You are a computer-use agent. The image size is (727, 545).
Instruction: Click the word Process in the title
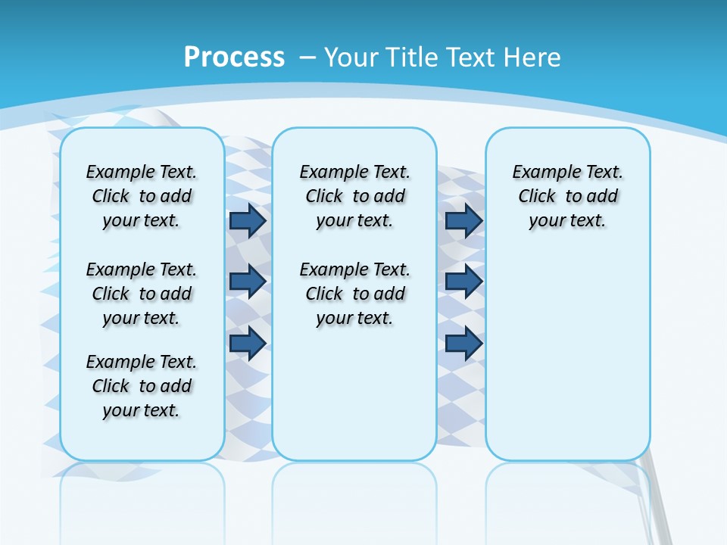pyautogui.click(x=234, y=57)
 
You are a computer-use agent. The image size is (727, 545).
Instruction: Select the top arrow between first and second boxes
pyautogui.click(x=248, y=220)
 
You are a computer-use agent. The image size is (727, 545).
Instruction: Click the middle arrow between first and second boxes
pyautogui.click(x=248, y=282)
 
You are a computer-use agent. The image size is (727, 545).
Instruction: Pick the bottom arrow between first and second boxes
pyautogui.click(x=248, y=343)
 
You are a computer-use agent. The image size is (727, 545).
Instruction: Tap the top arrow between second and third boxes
pyautogui.click(x=463, y=220)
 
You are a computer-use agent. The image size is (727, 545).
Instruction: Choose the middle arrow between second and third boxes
pyautogui.click(x=463, y=282)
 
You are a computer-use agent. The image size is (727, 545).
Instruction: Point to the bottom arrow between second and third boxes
pyautogui.click(x=463, y=343)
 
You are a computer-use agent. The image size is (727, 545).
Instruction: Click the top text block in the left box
pyautogui.click(x=142, y=196)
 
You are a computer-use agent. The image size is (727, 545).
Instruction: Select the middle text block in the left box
pyautogui.click(x=142, y=294)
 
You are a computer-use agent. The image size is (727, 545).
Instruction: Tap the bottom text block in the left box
pyautogui.click(x=142, y=386)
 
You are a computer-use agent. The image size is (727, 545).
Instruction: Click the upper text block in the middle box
pyautogui.click(x=354, y=196)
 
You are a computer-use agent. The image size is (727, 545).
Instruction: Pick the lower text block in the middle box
pyautogui.click(x=354, y=294)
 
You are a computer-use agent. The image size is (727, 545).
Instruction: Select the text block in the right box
pyautogui.click(x=567, y=196)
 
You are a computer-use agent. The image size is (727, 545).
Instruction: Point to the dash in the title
pyautogui.click(x=307, y=58)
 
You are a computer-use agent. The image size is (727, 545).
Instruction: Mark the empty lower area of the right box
pyautogui.click(x=567, y=356)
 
